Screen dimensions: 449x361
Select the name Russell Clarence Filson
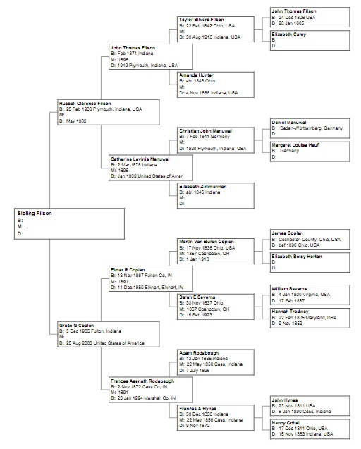coord(85,103)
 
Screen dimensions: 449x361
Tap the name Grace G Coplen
coord(74,324)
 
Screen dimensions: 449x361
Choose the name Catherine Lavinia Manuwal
coord(140,159)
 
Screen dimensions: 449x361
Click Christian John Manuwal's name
coord(205,130)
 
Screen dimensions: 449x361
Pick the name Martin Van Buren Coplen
coord(207,241)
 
